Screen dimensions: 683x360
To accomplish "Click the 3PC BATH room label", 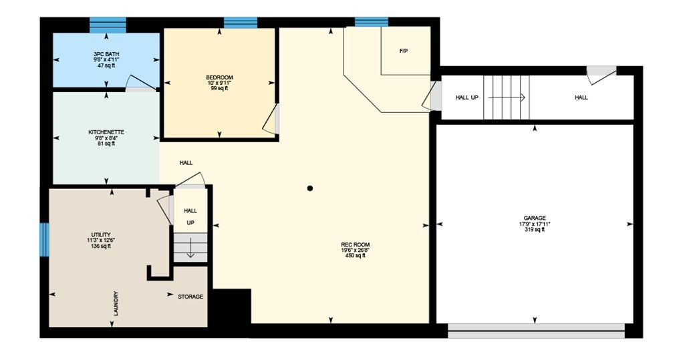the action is pyautogui.click(x=106, y=54).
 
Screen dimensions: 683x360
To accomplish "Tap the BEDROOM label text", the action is pyautogui.click(x=219, y=77).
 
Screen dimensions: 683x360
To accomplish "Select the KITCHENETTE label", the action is pyautogui.click(x=106, y=132).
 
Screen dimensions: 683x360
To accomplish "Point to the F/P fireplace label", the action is pyautogui.click(x=404, y=51).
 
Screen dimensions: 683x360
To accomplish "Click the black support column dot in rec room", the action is pyautogui.click(x=310, y=188).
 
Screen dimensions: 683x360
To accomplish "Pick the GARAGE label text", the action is pyautogui.click(x=535, y=218).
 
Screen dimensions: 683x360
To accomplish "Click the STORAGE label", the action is pyautogui.click(x=190, y=297).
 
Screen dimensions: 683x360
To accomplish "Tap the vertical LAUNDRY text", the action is pyautogui.click(x=116, y=303).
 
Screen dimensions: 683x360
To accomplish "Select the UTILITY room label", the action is pyautogui.click(x=101, y=234).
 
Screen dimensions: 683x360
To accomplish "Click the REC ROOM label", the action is pyautogui.click(x=356, y=244).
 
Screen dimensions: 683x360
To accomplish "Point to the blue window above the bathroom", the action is pyautogui.click(x=108, y=25).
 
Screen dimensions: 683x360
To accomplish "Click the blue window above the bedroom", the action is pyautogui.click(x=241, y=23).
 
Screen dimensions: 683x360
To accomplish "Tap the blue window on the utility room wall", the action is pyautogui.click(x=44, y=239).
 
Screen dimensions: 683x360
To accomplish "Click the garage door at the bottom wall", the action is pyautogui.click(x=536, y=331).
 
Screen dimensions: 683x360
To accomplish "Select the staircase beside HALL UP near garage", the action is pyautogui.click(x=506, y=98).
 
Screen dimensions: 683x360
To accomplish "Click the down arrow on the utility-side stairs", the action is pyautogui.click(x=190, y=253).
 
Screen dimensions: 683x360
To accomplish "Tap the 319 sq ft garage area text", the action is pyautogui.click(x=535, y=229).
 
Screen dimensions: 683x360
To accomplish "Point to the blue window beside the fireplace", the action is pyautogui.click(x=372, y=22).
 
